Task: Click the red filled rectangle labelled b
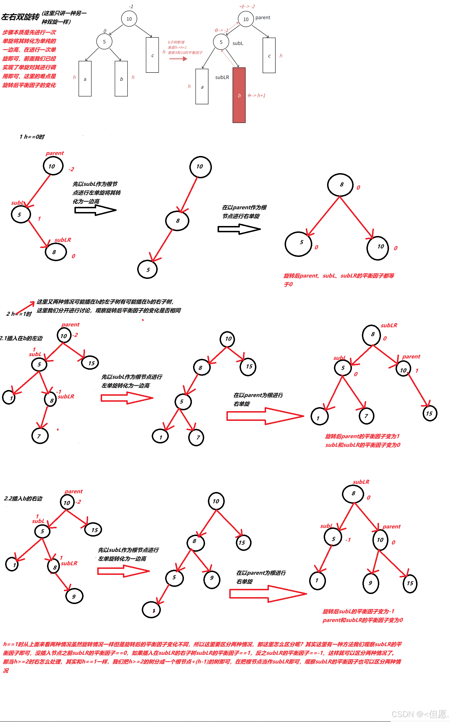point(239,95)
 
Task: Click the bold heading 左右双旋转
point(20,17)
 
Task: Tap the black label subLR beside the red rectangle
point(222,77)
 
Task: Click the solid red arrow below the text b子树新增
point(178,59)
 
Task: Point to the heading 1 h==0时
point(32,137)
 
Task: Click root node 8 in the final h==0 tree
point(340,185)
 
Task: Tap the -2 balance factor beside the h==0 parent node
point(71,169)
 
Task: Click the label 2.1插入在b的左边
point(21,338)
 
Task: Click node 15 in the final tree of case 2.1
point(429,413)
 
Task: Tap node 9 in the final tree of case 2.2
point(370,583)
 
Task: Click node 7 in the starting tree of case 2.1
point(40,436)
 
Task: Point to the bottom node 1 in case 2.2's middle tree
point(151,610)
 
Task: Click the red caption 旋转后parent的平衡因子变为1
point(362,436)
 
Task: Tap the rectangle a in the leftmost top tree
point(85,79)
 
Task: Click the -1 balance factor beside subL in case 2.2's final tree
point(348,540)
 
